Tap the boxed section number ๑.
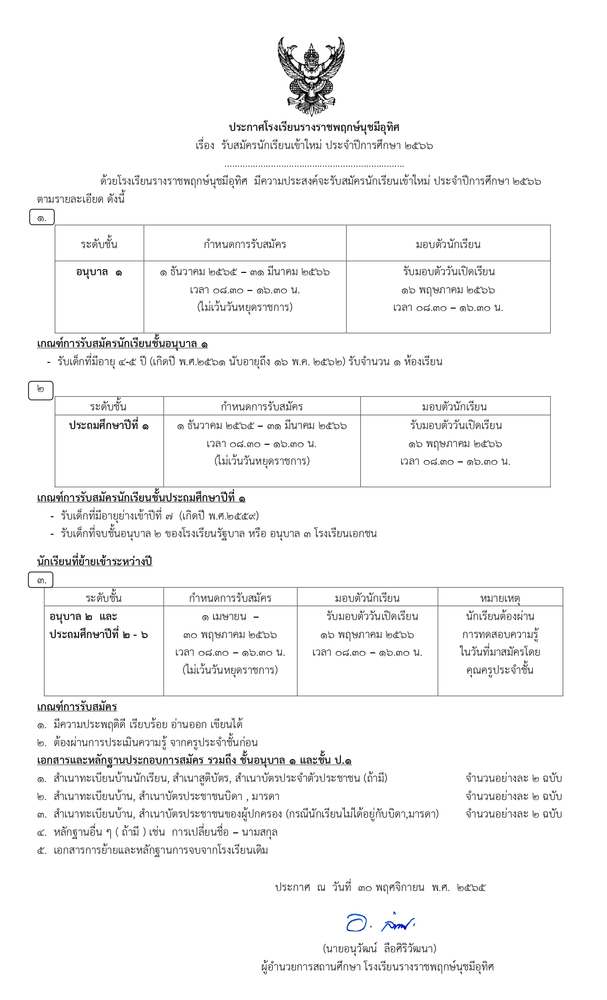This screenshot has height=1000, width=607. click(x=42, y=218)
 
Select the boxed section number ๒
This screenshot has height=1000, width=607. click(x=41, y=390)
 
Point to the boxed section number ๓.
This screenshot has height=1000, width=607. click(x=41, y=580)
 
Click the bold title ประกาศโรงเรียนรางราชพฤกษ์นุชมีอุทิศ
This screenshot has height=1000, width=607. click(x=314, y=127)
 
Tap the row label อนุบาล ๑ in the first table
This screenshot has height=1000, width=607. click(x=99, y=272)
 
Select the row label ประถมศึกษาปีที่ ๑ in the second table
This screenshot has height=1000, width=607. click(x=109, y=425)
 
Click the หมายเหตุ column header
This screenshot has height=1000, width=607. click(x=500, y=598)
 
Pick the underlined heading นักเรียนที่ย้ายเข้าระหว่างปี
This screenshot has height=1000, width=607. click(x=94, y=561)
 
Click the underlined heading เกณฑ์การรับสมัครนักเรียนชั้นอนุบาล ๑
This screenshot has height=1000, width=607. click(x=122, y=343)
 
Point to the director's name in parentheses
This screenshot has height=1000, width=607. click(x=379, y=949)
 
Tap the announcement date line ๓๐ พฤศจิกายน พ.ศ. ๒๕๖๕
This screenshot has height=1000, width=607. click(x=380, y=887)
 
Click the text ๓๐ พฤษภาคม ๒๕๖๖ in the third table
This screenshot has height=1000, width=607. click(x=230, y=635)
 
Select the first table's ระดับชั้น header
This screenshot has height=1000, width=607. click(x=99, y=244)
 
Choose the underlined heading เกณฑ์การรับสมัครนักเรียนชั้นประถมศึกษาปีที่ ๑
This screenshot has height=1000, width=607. click(x=141, y=498)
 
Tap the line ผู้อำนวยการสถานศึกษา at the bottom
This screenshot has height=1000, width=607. click(x=378, y=967)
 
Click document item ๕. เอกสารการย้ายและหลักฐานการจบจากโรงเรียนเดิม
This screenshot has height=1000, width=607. click(x=153, y=850)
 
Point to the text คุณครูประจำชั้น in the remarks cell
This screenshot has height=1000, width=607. click(x=500, y=670)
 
